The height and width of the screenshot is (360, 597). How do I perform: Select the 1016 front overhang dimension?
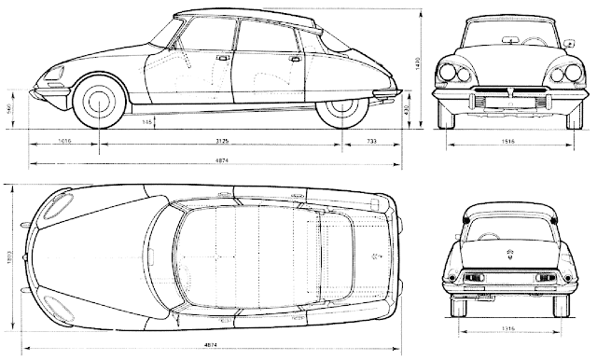[x=64, y=142]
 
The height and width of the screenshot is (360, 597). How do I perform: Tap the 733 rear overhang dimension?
[x=370, y=142]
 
